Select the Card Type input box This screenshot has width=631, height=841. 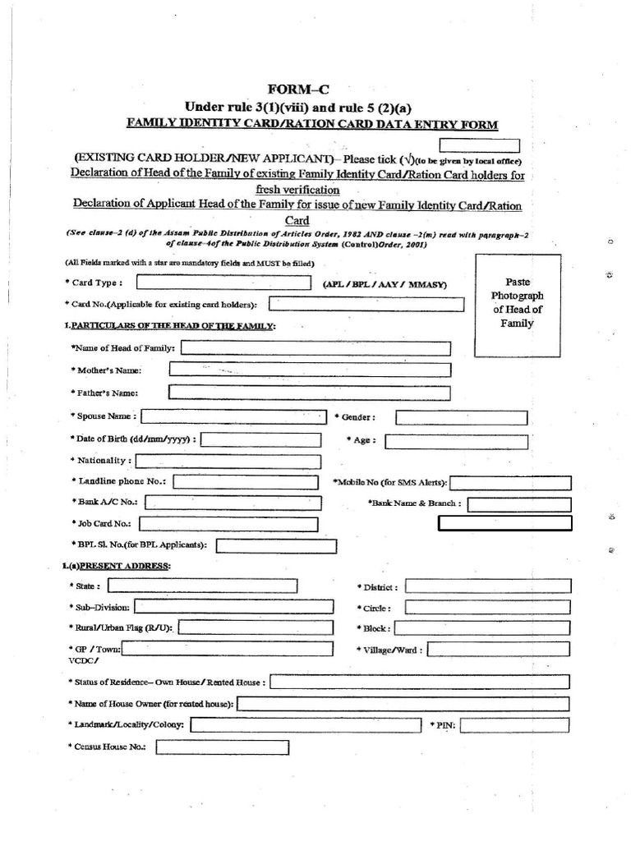(224, 283)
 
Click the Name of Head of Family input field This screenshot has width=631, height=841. (315, 348)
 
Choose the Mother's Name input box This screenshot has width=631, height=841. (310, 370)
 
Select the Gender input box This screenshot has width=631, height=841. (461, 417)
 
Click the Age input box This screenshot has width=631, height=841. (456, 441)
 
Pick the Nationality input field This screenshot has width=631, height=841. (229, 462)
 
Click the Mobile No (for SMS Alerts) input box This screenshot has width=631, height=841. (510, 482)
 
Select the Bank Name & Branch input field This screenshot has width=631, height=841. (519, 503)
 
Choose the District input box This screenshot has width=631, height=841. (488, 586)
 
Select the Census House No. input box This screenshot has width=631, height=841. (222, 747)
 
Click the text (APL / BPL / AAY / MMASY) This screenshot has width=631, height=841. (385, 284)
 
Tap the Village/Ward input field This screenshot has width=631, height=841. (499, 650)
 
